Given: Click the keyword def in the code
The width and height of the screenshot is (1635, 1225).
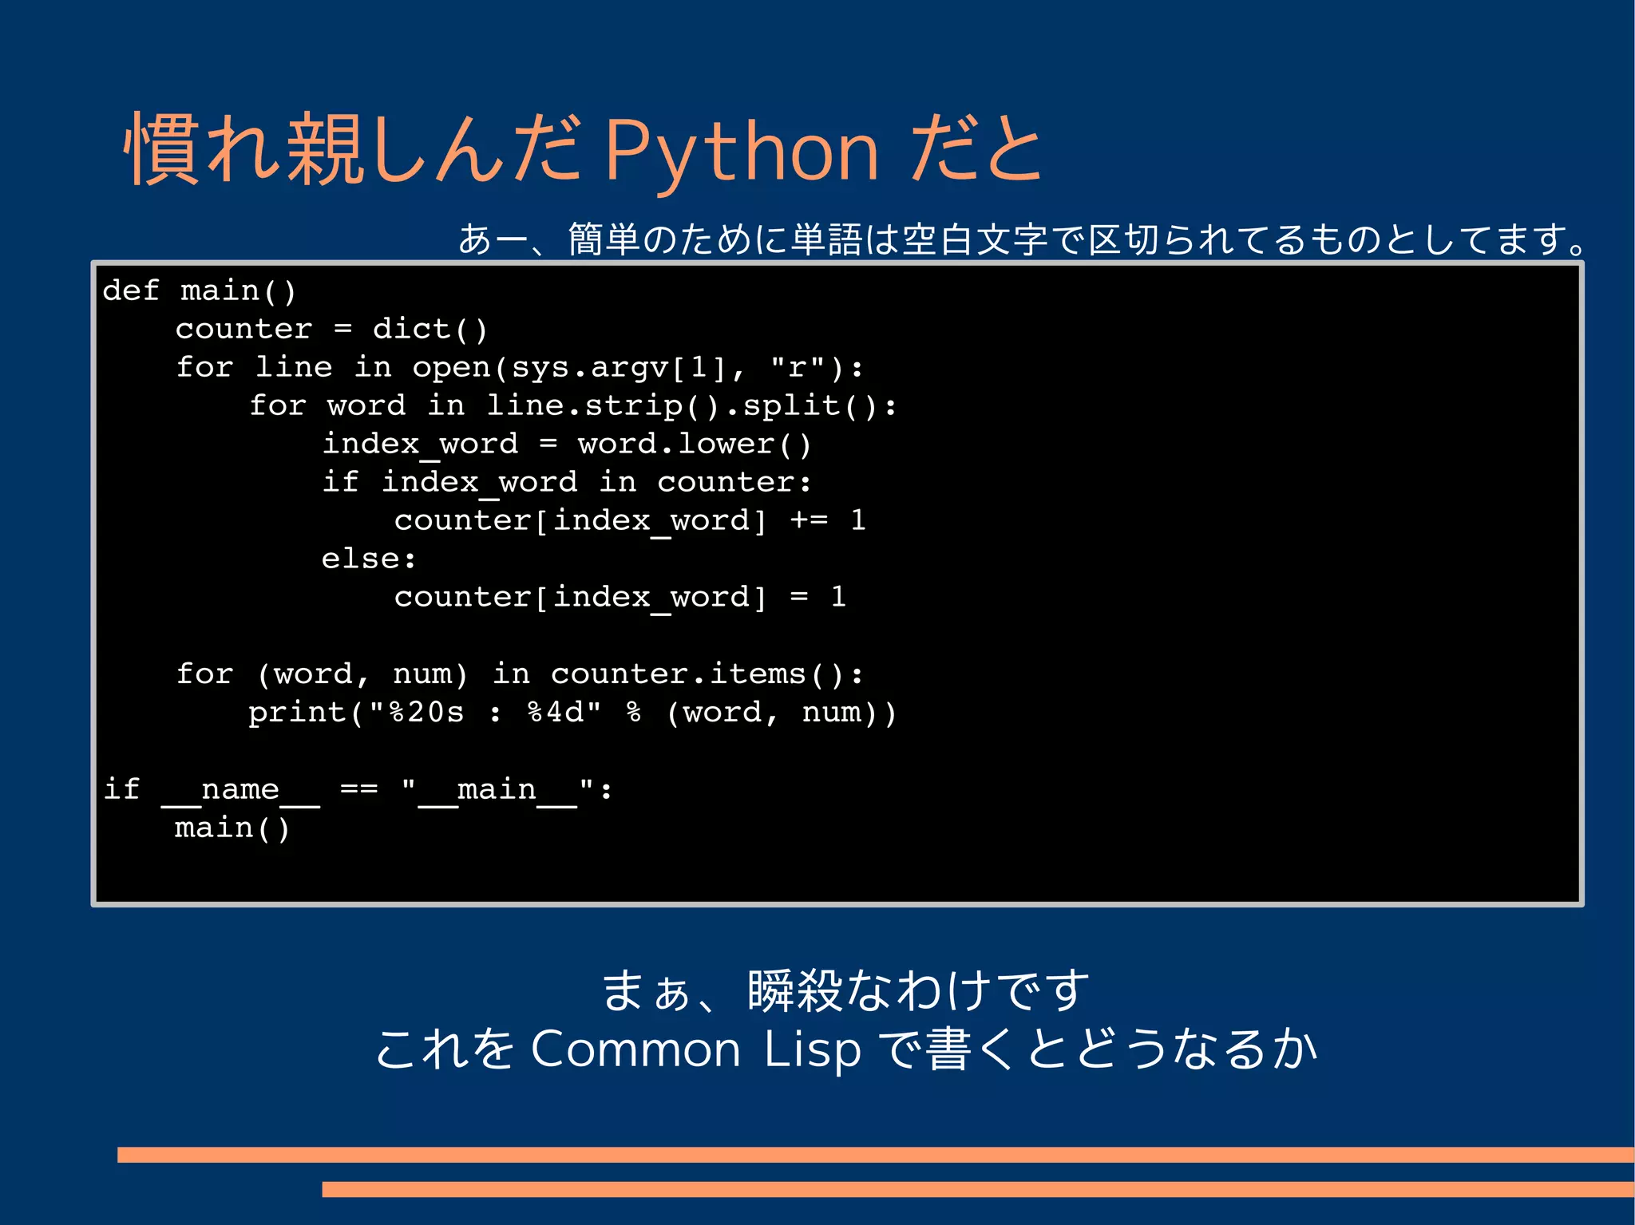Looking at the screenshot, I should [130, 290].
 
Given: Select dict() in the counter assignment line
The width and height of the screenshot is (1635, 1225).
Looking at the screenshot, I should [430, 329].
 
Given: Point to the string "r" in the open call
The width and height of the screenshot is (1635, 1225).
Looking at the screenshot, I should [796, 367].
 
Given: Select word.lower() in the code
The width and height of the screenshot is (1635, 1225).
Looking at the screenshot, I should [694, 444].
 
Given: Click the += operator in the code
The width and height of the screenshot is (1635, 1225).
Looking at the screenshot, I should [809, 520].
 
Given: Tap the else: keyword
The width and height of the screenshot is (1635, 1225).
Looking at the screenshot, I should [368, 559].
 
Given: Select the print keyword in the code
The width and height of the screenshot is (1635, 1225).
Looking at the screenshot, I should [296, 712].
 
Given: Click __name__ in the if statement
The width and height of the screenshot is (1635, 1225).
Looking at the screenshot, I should [240, 790].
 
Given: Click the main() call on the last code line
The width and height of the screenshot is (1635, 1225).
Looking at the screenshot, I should [232, 828].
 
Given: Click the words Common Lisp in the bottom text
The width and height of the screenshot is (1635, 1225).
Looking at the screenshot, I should [695, 1049].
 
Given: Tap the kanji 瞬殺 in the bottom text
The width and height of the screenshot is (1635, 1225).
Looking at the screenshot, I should [794, 991].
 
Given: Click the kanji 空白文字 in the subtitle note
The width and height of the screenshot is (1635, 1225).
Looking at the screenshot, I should [974, 239].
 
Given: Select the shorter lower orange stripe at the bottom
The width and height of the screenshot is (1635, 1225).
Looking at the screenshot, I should [977, 1189].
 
